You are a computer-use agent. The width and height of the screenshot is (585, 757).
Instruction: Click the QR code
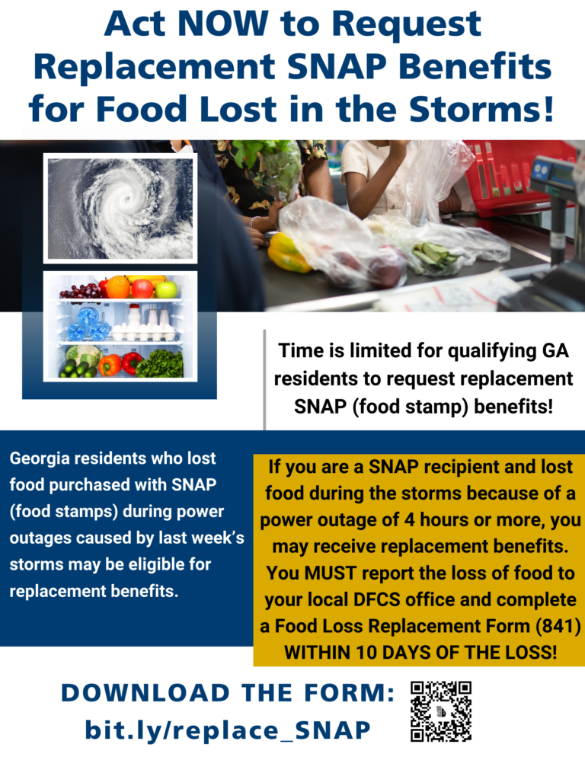coord(440,711)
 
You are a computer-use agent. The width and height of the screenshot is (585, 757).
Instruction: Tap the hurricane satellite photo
coord(120,208)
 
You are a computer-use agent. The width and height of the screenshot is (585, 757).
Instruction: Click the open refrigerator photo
coord(120,326)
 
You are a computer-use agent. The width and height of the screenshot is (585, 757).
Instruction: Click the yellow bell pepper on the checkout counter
coord(287,253)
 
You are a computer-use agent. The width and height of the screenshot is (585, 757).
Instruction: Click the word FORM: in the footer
coord(350,693)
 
